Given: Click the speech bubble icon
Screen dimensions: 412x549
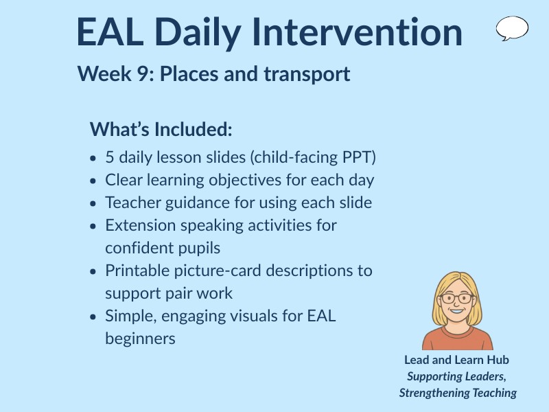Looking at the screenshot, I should pyautogui.click(x=512, y=29).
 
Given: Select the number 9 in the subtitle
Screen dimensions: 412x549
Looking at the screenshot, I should pyautogui.click(x=145, y=73).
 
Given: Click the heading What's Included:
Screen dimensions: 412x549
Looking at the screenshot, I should pyautogui.click(x=161, y=129).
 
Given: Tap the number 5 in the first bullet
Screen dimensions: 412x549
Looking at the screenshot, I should pyautogui.click(x=110, y=157).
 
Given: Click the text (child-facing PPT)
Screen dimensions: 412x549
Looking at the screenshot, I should pyautogui.click(x=314, y=157).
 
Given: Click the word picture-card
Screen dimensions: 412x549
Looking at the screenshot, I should pyautogui.click(x=210, y=270).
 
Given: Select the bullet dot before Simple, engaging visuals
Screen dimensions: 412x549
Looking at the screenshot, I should pyautogui.click(x=93, y=317).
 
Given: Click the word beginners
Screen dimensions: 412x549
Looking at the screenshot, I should pyautogui.click(x=140, y=339).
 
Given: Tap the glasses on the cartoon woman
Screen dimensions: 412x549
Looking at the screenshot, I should pyautogui.click(x=457, y=298).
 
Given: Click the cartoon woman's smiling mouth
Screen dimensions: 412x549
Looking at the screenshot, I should pyautogui.click(x=457, y=312).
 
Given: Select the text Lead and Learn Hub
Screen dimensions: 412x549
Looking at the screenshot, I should pyautogui.click(x=456, y=360).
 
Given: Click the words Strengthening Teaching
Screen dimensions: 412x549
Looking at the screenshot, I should pyautogui.click(x=458, y=393).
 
